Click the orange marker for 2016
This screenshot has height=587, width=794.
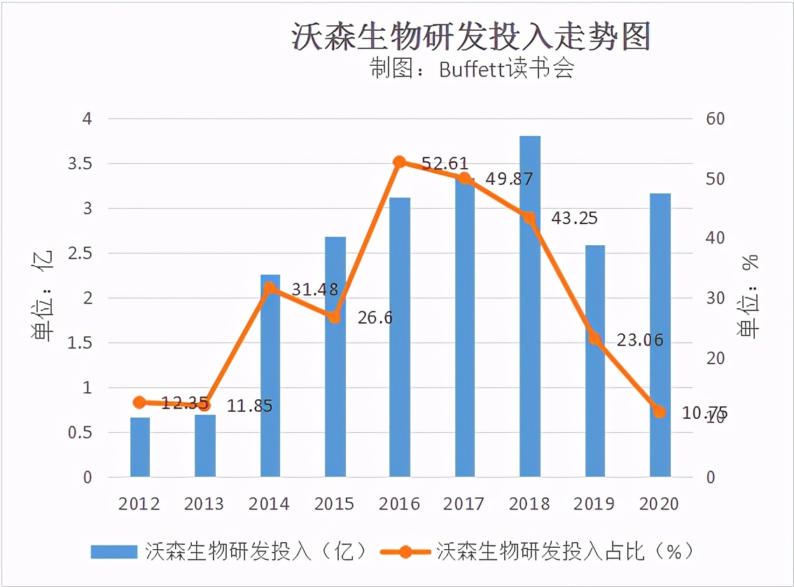[x=400, y=163]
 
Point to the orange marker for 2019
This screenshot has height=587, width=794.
[x=595, y=338]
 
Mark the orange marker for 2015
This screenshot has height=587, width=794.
[x=335, y=317]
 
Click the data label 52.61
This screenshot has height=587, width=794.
[x=445, y=164]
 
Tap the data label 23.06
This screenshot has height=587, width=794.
[x=640, y=340]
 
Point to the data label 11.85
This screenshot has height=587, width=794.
[x=249, y=406]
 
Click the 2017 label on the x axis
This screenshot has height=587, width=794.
[x=464, y=504]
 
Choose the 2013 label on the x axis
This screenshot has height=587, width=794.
[x=204, y=504]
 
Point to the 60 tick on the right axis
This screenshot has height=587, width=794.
[x=715, y=119]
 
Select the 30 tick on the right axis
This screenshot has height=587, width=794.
[x=715, y=298]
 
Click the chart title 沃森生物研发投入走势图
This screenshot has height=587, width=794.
[x=471, y=37]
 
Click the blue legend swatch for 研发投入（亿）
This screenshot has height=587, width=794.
[x=113, y=551]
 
